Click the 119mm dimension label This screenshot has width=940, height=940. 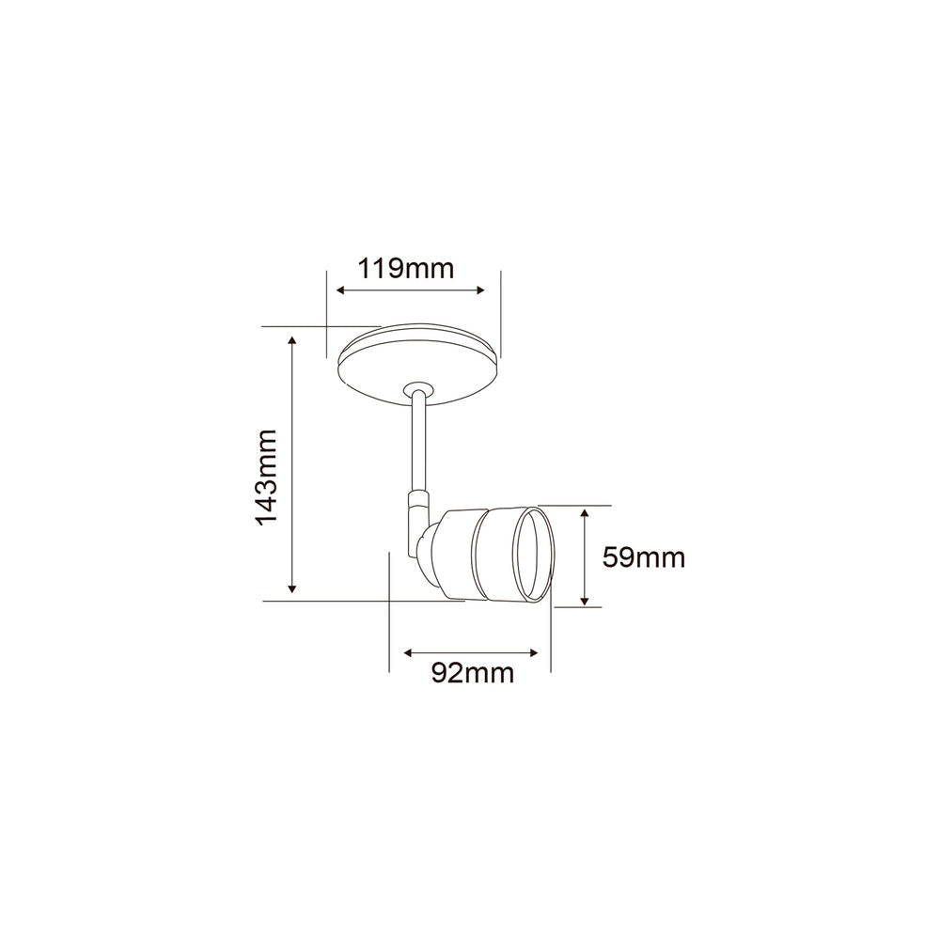pos(406,269)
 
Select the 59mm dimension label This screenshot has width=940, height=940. pos(643,557)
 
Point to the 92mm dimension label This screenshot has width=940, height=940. pos(472,673)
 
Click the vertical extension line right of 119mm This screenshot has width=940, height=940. pos(500,315)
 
